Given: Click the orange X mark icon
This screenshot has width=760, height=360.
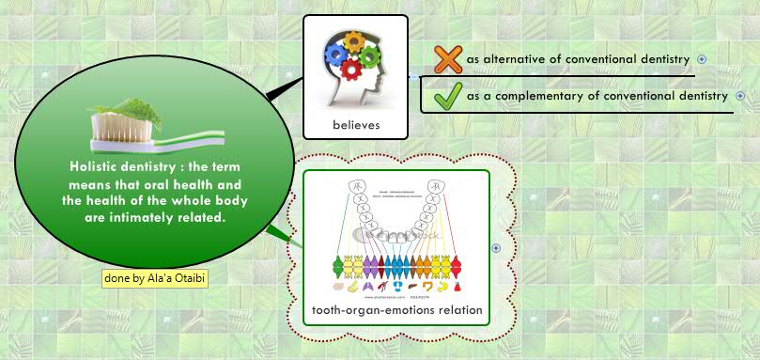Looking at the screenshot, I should coord(449,59).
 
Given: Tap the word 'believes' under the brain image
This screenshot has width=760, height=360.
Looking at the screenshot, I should coord(356,125).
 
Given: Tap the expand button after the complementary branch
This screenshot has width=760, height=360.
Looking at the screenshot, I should coord(740,96).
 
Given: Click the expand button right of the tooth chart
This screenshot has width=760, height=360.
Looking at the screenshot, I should coord(496,248).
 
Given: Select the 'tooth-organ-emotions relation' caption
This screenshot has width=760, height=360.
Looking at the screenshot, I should coord(396,310).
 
